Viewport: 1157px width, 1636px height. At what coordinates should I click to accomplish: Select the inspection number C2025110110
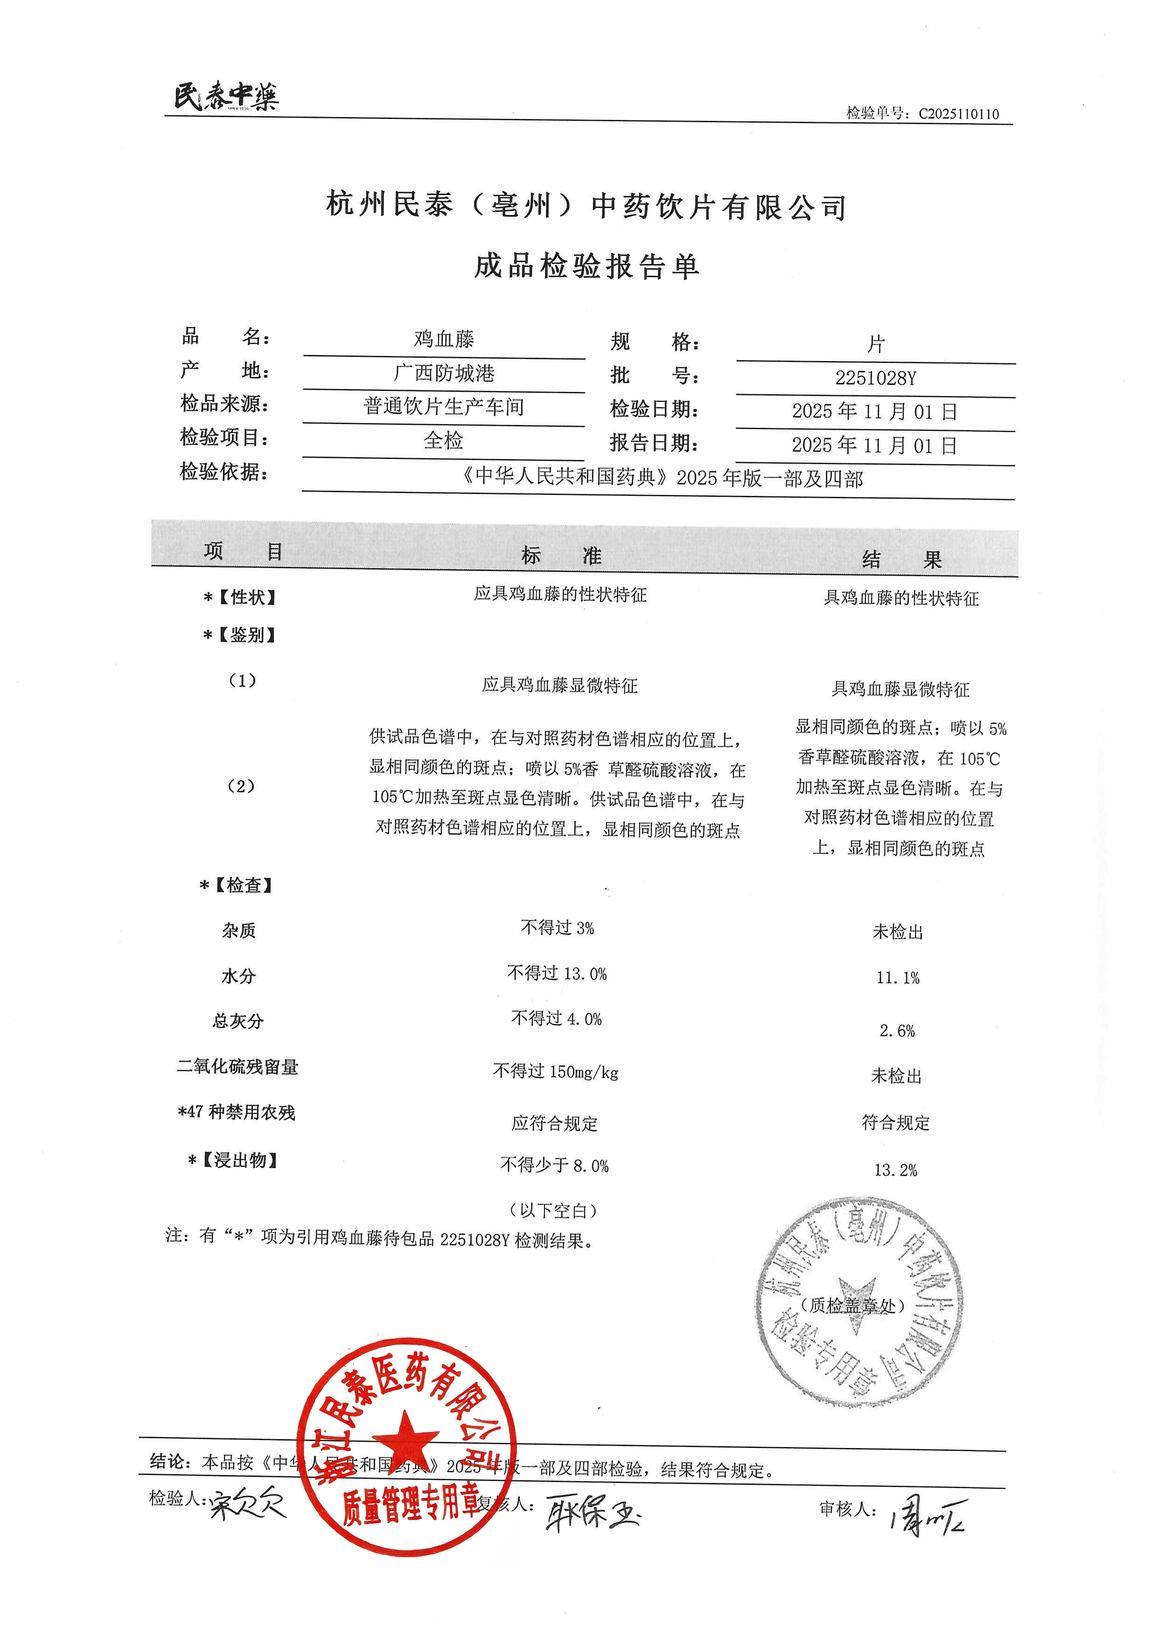point(958,114)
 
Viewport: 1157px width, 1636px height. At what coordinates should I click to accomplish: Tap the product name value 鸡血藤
point(444,339)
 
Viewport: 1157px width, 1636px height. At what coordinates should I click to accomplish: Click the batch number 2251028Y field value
point(876,378)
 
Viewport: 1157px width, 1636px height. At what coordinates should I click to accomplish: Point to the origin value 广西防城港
point(444,373)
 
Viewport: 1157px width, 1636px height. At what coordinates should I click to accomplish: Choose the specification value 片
point(876,345)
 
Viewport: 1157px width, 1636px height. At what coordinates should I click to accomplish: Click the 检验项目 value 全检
point(443,440)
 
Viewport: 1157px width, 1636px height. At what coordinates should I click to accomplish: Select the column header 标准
point(561,555)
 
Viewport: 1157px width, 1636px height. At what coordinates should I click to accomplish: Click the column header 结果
point(901,559)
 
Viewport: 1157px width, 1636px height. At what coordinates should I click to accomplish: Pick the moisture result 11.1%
point(898,978)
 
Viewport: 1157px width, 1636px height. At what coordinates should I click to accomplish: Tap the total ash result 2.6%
point(897,1030)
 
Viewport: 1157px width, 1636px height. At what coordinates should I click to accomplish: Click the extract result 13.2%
point(896,1170)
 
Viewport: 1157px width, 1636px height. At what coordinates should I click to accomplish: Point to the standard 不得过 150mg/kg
point(556,1071)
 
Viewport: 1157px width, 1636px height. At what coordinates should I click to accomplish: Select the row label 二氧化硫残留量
point(238,1067)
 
